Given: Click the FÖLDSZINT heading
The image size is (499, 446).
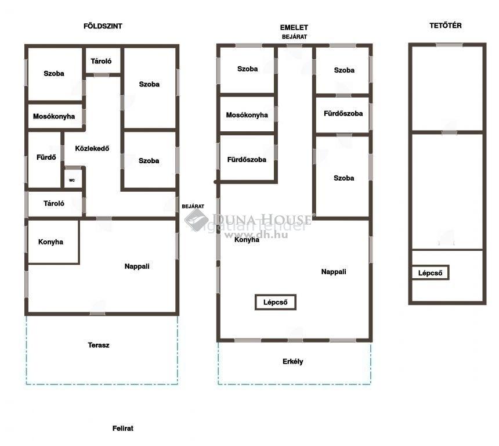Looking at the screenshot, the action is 103,26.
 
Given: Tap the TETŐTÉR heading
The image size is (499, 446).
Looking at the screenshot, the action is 445,26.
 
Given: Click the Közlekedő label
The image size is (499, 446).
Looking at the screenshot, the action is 92,148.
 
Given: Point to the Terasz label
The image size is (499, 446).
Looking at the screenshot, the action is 98,345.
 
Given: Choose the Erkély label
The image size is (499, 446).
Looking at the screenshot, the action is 293,362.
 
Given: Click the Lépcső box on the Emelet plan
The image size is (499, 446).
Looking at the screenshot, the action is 276,302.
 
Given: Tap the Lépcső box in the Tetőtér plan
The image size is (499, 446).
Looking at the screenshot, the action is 430,273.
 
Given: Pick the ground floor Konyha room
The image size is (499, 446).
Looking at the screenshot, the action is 53,242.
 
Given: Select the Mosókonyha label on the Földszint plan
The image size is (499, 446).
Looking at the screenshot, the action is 54,116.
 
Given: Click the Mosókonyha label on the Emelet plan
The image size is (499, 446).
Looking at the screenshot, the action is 247,115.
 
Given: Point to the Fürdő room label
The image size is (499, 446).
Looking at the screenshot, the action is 46,157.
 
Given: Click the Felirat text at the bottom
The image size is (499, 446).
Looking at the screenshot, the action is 123,429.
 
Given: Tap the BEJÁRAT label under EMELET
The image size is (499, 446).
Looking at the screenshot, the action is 294,37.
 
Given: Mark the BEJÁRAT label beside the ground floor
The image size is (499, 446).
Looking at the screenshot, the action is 193,206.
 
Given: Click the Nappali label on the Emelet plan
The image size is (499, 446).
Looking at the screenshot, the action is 334,272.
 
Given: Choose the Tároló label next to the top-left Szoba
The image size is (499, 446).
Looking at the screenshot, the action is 101,61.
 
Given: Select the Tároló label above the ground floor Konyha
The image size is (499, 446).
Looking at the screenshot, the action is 54,203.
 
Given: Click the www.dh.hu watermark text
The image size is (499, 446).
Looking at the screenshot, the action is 256,235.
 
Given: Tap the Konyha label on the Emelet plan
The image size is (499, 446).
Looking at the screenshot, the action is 247,240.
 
